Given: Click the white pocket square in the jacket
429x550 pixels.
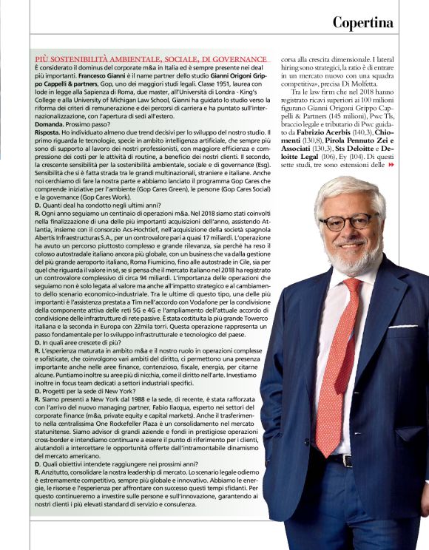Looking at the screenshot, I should click(403, 325).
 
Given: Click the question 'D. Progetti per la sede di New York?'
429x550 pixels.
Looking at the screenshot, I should click(87, 391).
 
